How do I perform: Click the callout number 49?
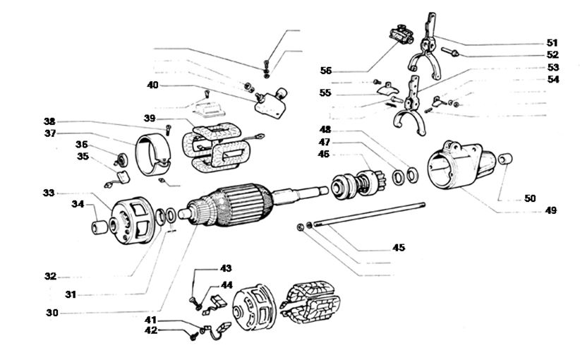pos(550,210)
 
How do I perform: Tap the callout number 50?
pos(530,198)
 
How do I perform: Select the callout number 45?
pos(398,247)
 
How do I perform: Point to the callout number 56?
pos(325,71)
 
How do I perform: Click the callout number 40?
pos(152,85)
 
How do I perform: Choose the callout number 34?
pos(77,205)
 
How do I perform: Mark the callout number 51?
pos(552,42)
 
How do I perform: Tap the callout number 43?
pos(226,268)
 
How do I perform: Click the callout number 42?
pos(151,330)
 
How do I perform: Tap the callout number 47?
pos(325,142)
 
